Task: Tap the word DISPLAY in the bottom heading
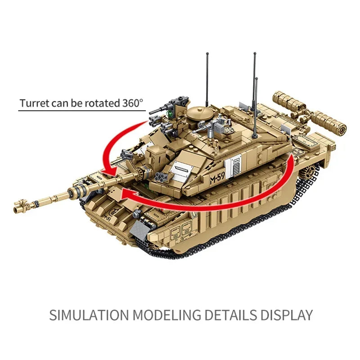pos(285,315)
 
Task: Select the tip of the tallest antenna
pos(254,55)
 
